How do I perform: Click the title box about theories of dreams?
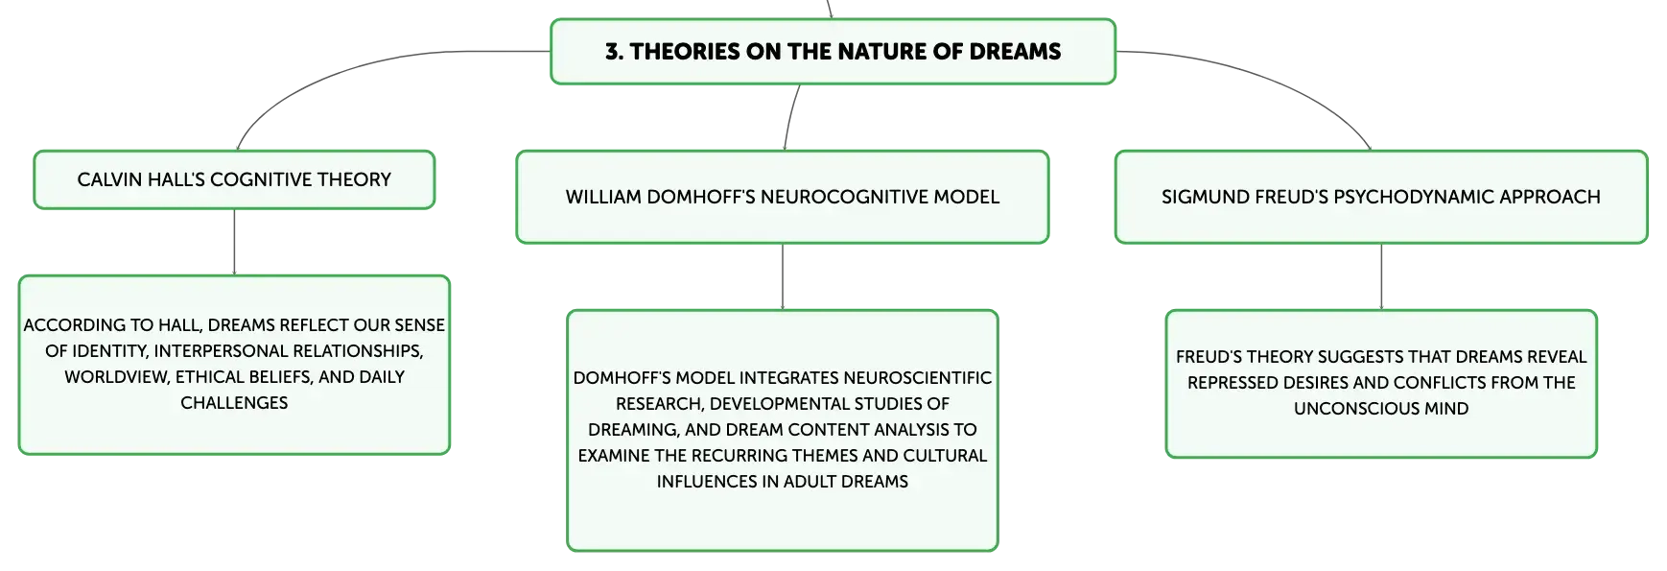(x=833, y=51)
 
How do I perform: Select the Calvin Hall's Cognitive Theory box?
(x=234, y=179)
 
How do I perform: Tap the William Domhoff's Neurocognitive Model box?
(x=783, y=197)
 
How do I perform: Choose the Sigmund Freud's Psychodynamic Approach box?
(x=1381, y=197)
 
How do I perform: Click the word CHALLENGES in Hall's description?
(x=234, y=403)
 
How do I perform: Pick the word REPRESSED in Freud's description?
(x=1232, y=383)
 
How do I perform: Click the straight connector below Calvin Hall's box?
(x=234, y=242)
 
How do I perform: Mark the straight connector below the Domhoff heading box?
(x=783, y=276)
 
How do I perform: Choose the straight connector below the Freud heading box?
(x=1381, y=276)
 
